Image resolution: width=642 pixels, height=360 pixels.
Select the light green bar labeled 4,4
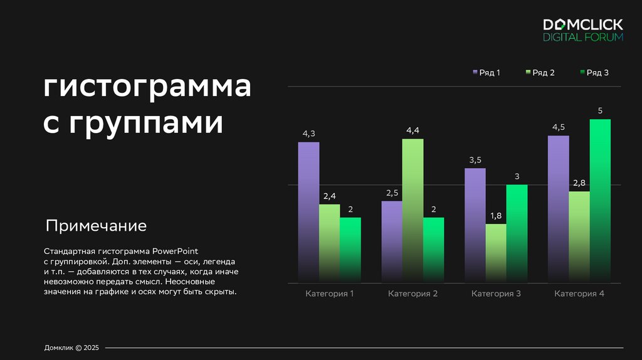(413, 210)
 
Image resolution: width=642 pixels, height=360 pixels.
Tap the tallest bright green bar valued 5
(600, 201)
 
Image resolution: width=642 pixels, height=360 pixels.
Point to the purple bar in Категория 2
(392, 241)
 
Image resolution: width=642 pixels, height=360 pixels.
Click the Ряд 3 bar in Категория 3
(517, 233)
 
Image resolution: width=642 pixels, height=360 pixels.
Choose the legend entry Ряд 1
(487, 73)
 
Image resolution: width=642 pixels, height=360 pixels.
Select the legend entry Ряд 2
(540, 73)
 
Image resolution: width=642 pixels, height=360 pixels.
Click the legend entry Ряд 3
(594, 73)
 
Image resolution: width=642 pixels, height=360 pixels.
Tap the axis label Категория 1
(330, 294)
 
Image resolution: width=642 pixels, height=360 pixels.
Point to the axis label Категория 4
(579, 294)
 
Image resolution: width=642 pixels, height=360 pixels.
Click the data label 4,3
(308, 134)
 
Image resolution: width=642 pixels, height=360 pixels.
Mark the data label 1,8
(496, 216)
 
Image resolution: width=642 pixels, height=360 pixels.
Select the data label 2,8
(579, 183)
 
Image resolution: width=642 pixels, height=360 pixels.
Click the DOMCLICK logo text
(583, 24)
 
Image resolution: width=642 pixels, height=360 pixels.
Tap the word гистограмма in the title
(147, 87)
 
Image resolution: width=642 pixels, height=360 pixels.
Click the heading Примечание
(96, 226)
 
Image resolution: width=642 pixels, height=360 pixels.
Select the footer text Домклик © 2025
(71, 347)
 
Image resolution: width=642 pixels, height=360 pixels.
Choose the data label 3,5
(475, 160)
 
